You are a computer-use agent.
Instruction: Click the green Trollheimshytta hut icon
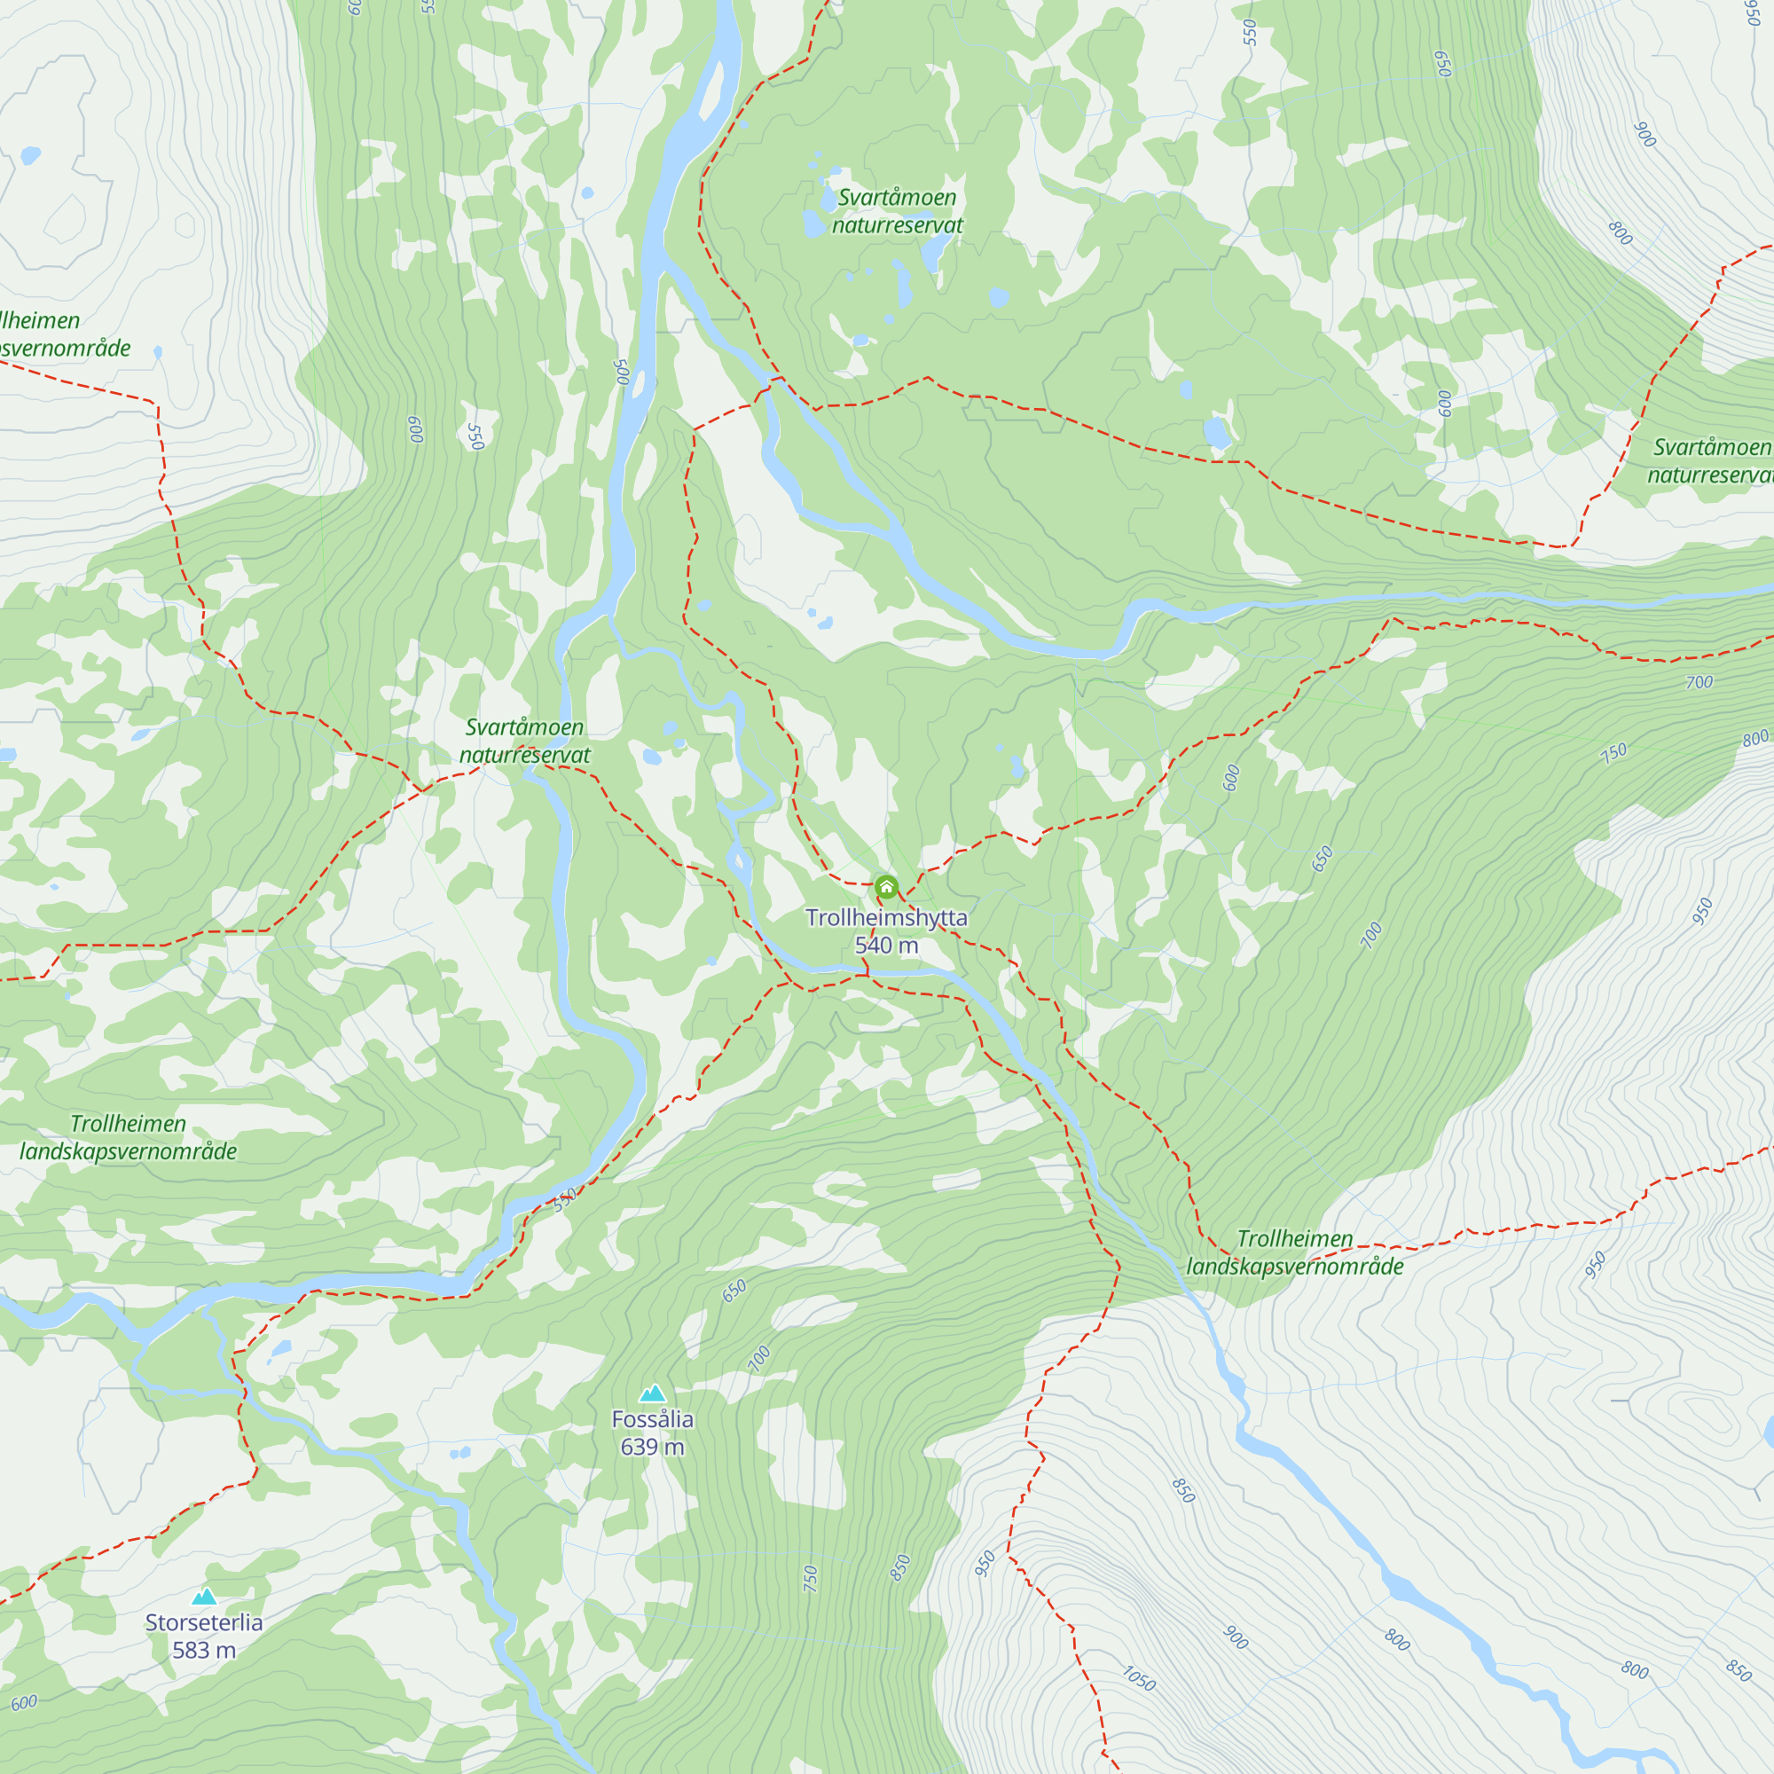(x=886, y=887)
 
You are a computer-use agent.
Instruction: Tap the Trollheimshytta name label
(x=886, y=917)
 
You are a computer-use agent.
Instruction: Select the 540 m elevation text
(x=886, y=945)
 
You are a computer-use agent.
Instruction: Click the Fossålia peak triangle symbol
(x=652, y=1393)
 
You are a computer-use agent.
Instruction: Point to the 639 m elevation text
(x=652, y=1447)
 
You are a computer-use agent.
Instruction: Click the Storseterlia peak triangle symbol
(x=205, y=1597)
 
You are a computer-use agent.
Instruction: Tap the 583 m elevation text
(x=204, y=1650)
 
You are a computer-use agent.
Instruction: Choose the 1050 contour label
(x=1139, y=1678)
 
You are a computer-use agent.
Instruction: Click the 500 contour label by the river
(x=622, y=372)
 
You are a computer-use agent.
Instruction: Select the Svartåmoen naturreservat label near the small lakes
(x=897, y=211)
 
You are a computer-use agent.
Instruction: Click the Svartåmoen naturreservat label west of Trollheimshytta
(x=524, y=741)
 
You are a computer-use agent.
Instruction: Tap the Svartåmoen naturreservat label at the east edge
(x=1710, y=461)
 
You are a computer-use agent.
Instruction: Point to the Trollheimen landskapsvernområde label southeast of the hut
(x=1295, y=1252)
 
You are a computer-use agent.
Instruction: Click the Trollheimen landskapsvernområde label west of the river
(x=129, y=1138)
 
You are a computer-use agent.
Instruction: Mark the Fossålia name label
(x=652, y=1419)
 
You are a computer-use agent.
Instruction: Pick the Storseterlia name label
(x=204, y=1622)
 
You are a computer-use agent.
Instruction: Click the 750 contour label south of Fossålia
(x=810, y=1579)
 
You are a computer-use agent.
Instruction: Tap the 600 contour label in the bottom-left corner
(x=25, y=1703)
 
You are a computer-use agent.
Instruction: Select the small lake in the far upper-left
(x=30, y=155)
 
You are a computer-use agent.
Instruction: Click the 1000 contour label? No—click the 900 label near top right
(x=1644, y=135)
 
